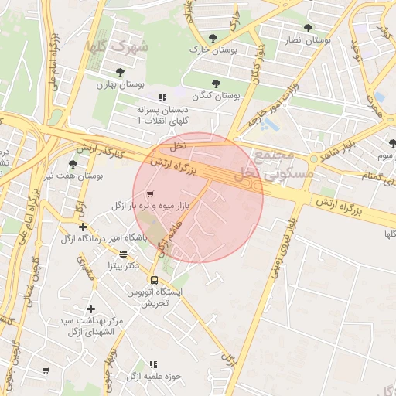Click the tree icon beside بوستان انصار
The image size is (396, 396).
point(308,27)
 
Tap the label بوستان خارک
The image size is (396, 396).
point(211,49)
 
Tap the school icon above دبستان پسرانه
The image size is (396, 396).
point(162,97)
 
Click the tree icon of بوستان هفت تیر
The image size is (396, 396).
point(73,163)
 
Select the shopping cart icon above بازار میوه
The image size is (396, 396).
point(149,193)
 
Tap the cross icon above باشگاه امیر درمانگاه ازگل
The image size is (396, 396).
point(84,227)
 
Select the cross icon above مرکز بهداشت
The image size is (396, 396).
point(90,309)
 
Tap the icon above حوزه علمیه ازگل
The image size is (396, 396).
point(152,364)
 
